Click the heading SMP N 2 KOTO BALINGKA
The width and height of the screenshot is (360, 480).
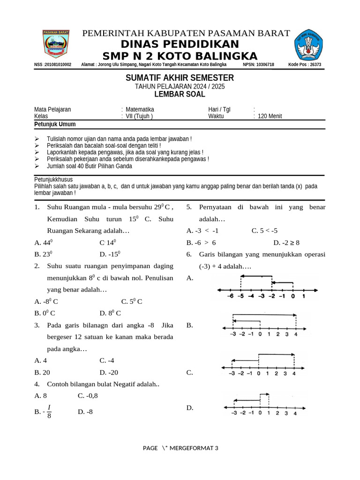click(180, 56)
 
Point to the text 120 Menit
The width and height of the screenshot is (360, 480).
click(270, 116)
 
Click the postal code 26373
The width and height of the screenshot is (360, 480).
click(311, 65)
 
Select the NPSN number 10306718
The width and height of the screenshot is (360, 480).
click(265, 65)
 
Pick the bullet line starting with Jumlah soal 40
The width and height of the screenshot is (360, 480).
click(89, 166)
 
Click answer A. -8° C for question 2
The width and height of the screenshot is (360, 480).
click(46, 301)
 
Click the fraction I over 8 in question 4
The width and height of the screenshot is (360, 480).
click(49, 412)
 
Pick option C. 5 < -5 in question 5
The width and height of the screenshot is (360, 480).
click(264, 231)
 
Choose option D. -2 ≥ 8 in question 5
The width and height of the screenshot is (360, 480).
click(286, 242)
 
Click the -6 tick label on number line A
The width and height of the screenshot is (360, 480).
click(230, 296)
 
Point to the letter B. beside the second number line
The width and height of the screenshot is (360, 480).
click(190, 325)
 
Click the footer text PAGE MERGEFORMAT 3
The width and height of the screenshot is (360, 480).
click(180, 448)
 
